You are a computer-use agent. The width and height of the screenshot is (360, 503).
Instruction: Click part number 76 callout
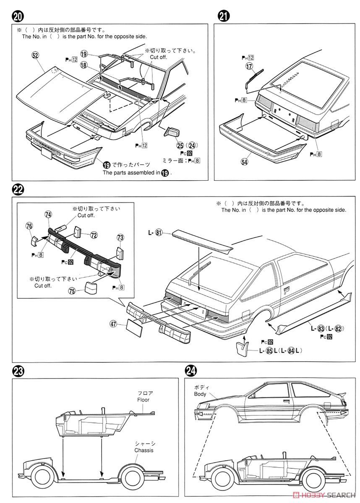coord(29,226)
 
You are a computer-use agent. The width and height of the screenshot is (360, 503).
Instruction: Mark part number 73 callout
coord(120,237)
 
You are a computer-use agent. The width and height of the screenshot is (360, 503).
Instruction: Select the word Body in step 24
coord(200,394)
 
